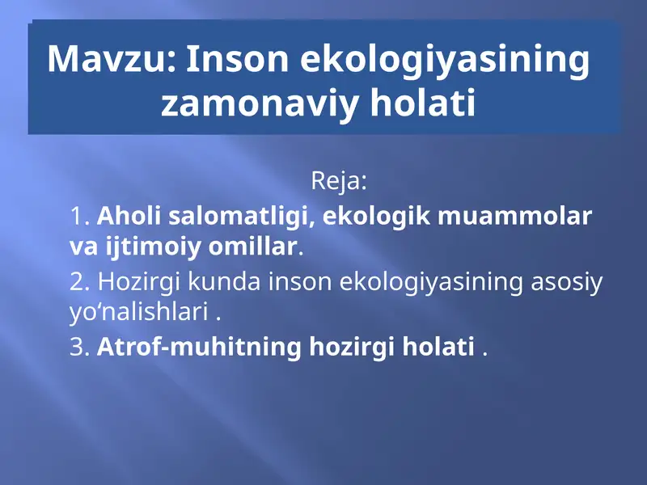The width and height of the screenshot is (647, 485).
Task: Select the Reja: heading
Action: click(339, 180)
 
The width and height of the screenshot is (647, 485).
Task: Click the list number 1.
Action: click(79, 217)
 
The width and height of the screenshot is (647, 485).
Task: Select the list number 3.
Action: click(79, 348)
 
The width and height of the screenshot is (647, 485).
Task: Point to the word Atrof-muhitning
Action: click(200, 348)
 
